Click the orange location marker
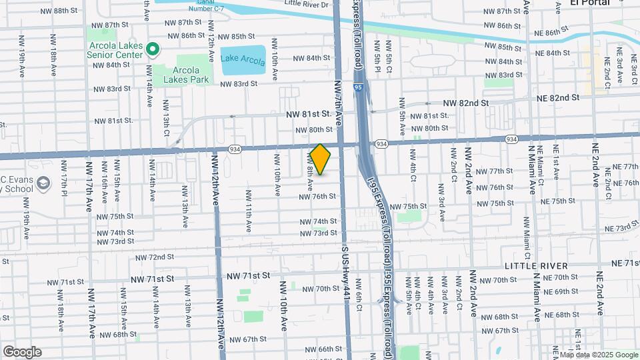coord(321,159)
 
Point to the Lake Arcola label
coord(238,58)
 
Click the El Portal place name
coord(590,3)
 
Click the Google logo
coord(22,352)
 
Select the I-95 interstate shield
coord(359,87)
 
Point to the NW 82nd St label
coord(466,103)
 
